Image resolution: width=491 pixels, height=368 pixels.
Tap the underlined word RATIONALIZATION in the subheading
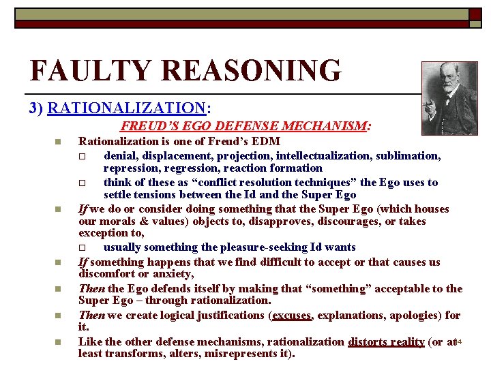pyautogui.click(x=127, y=108)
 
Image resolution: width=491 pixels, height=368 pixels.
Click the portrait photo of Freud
pyautogui.click(x=449, y=99)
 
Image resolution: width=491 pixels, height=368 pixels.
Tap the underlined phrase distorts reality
pyautogui.click(x=386, y=341)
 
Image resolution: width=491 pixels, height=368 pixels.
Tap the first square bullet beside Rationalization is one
pyautogui.click(x=59, y=142)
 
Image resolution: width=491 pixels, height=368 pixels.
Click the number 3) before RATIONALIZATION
pyautogui.click(x=38, y=108)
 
